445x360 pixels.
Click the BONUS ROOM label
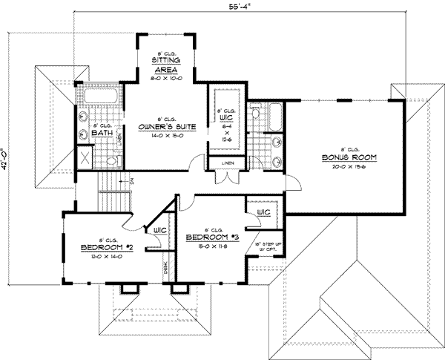pos(349,158)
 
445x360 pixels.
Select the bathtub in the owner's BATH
pos(96,96)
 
